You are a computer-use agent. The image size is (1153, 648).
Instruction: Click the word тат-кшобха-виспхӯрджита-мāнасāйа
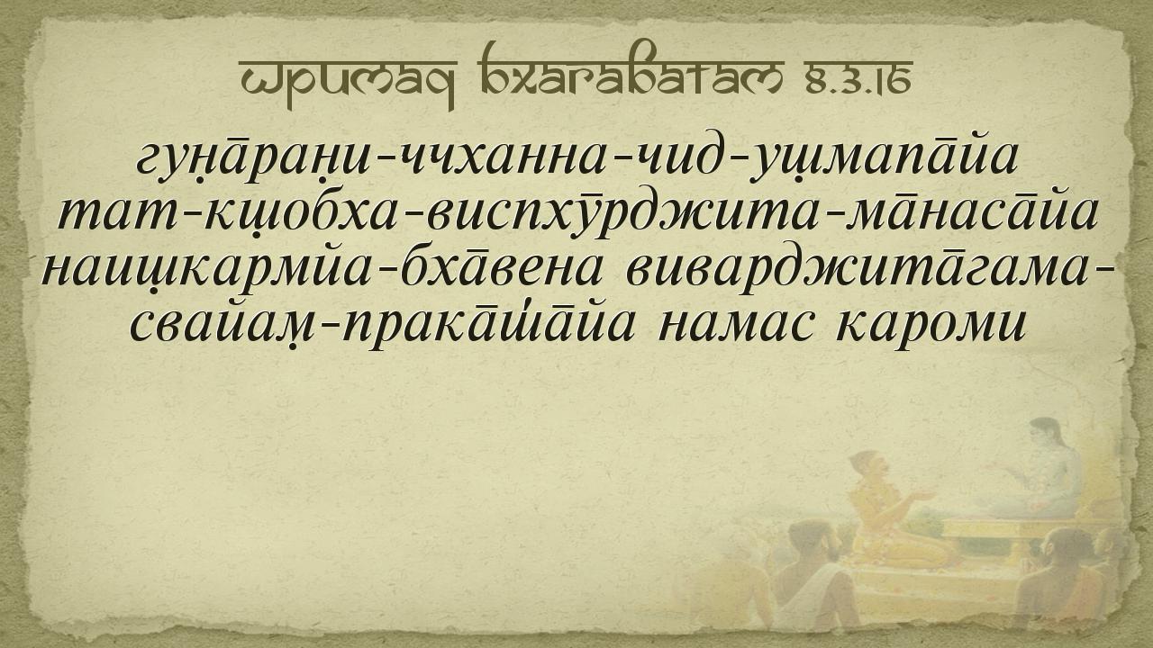[577, 213]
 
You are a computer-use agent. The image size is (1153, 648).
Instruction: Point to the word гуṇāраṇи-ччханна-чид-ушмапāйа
[576, 157]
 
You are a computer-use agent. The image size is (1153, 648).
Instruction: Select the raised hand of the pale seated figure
[996, 468]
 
